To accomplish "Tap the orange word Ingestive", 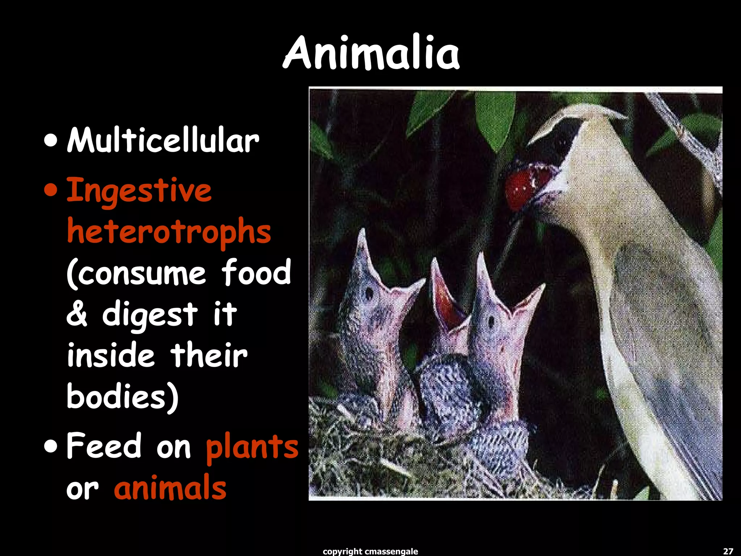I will coord(139,191).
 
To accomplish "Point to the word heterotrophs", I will coord(169,232).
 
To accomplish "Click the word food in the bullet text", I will coord(256,272).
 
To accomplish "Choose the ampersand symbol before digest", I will coord(77,314).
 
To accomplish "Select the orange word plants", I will coord(252,447).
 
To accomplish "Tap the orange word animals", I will coord(170,488).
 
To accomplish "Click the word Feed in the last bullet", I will coord(104,446).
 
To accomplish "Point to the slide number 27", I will coord(728,551).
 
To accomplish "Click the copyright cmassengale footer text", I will coord(370,551).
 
